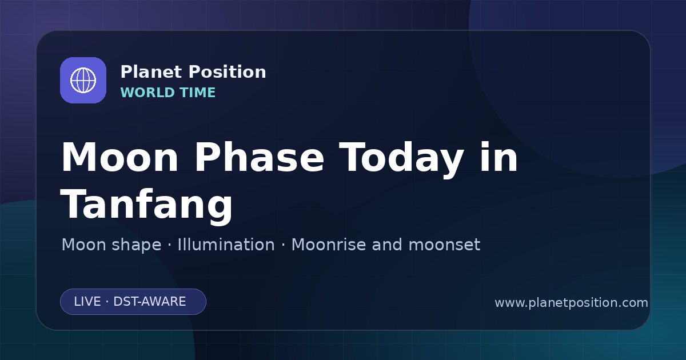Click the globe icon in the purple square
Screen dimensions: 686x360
click(83, 80)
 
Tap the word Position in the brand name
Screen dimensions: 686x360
click(228, 72)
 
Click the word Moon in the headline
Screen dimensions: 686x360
click(119, 157)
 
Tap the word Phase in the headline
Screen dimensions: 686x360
click(259, 157)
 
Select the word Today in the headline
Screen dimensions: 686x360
click(401, 159)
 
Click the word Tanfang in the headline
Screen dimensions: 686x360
click(146, 205)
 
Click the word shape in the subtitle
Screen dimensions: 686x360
click(136, 245)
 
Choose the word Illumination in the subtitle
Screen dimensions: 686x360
click(226, 245)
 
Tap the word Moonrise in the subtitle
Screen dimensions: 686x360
click(328, 245)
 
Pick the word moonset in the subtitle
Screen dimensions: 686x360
click(444, 245)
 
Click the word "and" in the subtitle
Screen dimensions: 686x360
click(387, 245)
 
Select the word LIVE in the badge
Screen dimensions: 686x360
click(87, 302)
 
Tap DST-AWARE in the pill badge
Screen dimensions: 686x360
click(149, 302)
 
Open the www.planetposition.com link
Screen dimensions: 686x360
click(571, 303)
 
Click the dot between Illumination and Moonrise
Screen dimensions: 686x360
click(283, 245)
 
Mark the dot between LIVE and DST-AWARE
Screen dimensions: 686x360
click(107, 302)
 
